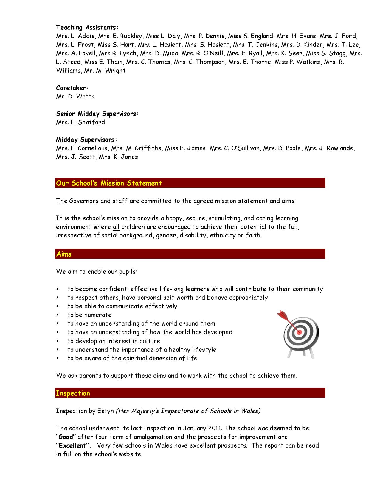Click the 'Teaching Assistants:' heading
coord(87,28)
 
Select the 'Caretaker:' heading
coord(72,88)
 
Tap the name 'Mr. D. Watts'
coord(75,96)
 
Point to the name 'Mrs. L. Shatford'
coord(80,122)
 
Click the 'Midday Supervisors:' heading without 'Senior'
coord(86,140)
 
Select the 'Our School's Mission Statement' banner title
coord(109,183)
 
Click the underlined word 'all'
coord(116,227)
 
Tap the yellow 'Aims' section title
coord(64,254)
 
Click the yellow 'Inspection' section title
coord(73,393)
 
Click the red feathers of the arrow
coord(282,315)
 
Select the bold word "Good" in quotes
coord(66,437)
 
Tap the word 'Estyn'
coord(106,411)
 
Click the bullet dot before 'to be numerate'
coord(58,315)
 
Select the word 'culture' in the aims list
coord(150,341)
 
